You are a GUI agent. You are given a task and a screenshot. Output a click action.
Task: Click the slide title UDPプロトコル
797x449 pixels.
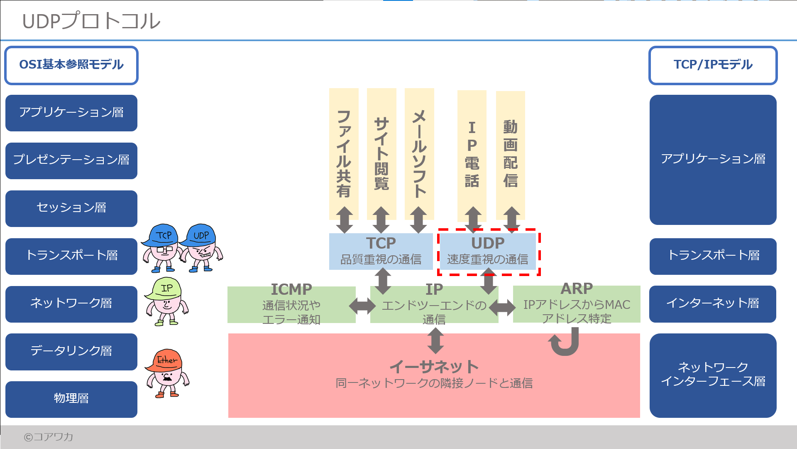91,21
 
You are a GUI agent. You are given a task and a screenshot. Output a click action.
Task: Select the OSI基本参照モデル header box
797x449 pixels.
71,65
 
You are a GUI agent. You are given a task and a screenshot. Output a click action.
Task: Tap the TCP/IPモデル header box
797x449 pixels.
713,65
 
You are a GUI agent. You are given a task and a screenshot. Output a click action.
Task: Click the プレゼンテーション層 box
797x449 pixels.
71,160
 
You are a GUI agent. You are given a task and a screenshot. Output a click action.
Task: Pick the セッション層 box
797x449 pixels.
71,208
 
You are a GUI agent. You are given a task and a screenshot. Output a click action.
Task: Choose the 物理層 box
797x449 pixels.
71,399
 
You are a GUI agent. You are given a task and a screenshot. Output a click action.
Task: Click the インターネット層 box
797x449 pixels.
713,304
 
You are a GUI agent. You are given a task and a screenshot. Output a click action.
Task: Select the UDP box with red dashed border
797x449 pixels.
488,252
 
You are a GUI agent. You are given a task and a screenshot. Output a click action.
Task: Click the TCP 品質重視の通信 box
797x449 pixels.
381,252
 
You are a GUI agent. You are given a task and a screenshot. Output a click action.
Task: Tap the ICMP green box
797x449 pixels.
291,304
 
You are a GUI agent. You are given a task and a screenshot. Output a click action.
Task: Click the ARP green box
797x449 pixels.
577,304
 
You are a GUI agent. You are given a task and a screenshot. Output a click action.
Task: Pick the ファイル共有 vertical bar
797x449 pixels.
344,154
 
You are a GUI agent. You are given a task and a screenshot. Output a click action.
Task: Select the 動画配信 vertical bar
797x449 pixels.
511,154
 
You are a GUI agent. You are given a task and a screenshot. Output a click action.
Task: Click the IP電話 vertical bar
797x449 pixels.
472,154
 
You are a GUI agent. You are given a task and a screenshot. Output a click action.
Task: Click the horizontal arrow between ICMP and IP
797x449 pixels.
362,306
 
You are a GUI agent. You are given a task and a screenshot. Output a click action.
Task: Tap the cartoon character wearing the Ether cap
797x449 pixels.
167,374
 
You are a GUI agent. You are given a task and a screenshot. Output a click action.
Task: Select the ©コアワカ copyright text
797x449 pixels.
49,437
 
